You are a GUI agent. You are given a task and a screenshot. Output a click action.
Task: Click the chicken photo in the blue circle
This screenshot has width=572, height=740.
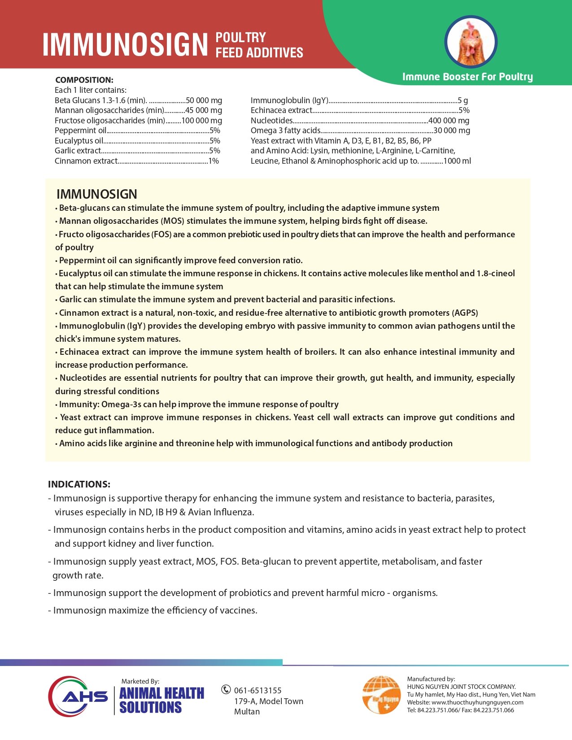pos(471,42)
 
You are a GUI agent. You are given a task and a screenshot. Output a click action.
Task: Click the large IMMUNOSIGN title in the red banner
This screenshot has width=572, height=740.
pos(125,44)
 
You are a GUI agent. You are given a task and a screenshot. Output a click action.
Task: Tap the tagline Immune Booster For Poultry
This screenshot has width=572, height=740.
pos(467,77)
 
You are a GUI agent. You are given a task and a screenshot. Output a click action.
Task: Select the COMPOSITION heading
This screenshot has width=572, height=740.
pos(84,80)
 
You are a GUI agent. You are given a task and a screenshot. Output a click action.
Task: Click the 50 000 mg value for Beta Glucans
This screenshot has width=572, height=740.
pos(204,100)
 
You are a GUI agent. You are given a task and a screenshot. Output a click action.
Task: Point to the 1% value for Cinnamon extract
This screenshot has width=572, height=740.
pos(214,161)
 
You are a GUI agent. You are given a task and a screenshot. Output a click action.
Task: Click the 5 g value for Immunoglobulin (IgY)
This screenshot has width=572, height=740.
pos(463,100)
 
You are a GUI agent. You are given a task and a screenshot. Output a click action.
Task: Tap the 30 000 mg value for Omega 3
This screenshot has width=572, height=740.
pos(451,131)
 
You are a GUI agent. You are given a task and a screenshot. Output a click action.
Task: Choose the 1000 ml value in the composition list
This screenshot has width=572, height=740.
pos(457,161)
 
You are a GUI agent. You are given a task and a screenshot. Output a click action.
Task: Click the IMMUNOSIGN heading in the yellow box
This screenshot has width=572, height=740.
pos(97,194)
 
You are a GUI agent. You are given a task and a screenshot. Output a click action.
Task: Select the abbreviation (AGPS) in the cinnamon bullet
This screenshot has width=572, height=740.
pos(465,313)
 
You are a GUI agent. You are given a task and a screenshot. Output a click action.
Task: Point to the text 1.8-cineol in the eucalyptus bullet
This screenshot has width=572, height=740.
pos(495,274)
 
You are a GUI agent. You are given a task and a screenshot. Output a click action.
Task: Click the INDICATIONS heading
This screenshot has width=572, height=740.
pos(79,484)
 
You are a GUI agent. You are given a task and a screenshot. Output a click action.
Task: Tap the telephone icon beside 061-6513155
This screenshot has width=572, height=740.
pos(226,690)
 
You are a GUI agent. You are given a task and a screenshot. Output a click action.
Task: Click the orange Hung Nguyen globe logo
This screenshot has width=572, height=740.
pos(381,695)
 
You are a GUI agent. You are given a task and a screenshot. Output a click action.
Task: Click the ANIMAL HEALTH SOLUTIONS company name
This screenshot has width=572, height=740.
pos(162,700)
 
